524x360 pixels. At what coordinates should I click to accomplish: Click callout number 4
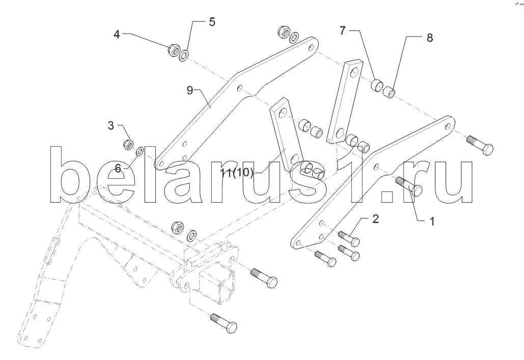pyautogui.click(x=117, y=35)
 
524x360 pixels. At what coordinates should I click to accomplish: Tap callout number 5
pyautogui.click(x=211, y=22)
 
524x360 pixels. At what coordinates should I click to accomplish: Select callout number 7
pyautogui.click(x=344, y=31)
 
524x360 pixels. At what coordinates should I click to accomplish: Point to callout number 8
pyautogui.click(x=429, y=38)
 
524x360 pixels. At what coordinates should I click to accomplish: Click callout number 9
pyautogui.click(x=190, y=91)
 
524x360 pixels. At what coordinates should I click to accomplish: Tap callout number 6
pyautogui.click(x=118, y=168)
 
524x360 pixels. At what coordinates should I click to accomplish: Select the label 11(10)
pyautogui.click(x=237, y=173)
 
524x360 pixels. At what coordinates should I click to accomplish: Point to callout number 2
pyautogui.click(x=375, y=219)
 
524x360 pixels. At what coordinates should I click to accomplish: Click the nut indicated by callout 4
pyautogui.click(x=173, y=49)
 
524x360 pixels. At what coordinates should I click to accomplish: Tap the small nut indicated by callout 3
pyautogui.click(x=129, y=144)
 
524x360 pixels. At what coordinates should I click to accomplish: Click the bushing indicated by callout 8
pyautogui.click(x=389, y=93)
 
